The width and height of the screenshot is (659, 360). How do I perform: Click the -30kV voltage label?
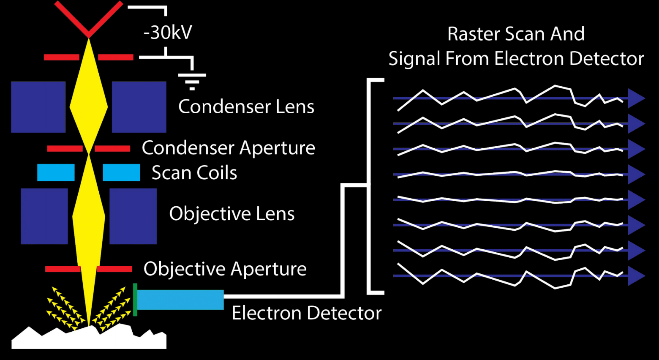click(168, 33)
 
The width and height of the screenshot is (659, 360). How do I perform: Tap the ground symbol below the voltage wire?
click(192, 81)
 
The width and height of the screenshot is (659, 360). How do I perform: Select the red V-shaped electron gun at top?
click(88, 19)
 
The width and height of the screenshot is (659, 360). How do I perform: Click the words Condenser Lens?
click(246, 107)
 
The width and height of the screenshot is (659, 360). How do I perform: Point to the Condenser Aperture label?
click(228, 148)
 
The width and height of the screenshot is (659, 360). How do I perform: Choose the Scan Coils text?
click(194, 173)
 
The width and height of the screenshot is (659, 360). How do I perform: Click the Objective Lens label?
click(231, 214)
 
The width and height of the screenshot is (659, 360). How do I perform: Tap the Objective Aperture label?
click(225, 269)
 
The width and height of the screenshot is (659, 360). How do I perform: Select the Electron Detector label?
click(306, 313)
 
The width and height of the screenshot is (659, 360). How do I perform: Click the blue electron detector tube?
click(180, 300)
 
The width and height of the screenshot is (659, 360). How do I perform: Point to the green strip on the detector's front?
click(135, 300)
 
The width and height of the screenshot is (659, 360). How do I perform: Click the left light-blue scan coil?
click(56, 172)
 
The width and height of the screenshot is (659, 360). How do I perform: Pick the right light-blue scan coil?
click(121, 172)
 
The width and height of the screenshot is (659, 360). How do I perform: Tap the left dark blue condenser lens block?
click(38, 107)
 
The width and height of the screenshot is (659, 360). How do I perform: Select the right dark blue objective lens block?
click(133, 216)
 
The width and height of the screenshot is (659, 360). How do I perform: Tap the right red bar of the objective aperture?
click(114, 269)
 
